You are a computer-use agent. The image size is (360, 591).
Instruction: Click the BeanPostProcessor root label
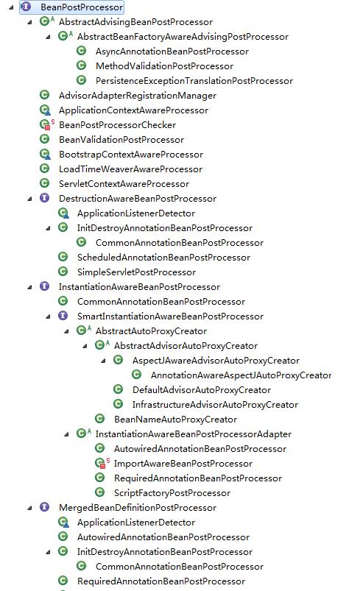click(x=82, y=7)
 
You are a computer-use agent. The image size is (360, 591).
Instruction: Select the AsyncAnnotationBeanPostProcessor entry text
click(x=172, y=52)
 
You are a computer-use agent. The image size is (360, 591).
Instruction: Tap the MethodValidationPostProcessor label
click(x=164, y=66)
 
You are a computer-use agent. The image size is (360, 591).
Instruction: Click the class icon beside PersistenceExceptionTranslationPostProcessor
click(x=81, y=80)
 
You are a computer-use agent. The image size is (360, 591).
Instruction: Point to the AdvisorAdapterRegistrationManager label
click(x=138, y=96)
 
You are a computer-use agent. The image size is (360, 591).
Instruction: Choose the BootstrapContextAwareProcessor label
click(x=131, y=155)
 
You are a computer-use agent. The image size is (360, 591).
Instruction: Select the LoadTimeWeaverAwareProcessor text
click(x=130, y=169)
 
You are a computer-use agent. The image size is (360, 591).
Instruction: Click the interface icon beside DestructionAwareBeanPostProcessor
click(x=44, y=198)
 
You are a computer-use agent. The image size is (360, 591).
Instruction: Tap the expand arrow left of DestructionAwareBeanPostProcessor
click(x=29, y=199)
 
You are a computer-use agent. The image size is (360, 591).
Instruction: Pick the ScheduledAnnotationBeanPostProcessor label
click(x=163, y=258)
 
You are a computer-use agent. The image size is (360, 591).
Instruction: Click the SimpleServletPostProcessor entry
click(x=136, y=272)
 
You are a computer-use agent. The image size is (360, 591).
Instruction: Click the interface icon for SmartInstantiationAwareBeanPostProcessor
click(x=63, y=316)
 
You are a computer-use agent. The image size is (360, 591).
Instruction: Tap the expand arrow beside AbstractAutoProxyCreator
click(x=67, y=332)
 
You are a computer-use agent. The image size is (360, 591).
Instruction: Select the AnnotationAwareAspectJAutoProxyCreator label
click(x=241, y=375)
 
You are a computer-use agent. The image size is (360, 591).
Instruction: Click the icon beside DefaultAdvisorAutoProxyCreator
click(x=118, y=389)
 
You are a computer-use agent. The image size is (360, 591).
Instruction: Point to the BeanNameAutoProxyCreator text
click(x=176, y=419)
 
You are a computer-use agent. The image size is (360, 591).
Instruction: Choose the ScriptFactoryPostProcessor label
click(x=172, y=493)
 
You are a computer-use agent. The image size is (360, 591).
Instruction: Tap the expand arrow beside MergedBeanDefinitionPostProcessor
click(x=29, y=509)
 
